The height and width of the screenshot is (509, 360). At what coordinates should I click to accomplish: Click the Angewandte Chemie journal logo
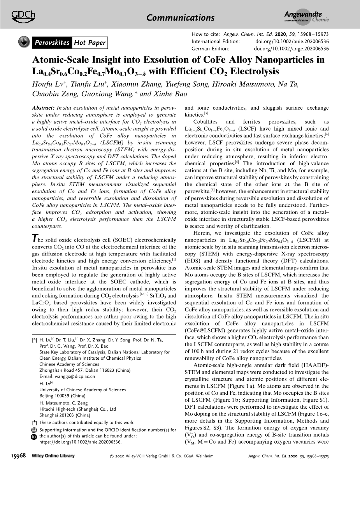tap(306, 17)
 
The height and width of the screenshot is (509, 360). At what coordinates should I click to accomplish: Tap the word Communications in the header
tap(180, 18)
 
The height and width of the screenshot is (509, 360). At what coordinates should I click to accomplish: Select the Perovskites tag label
tap(52, 43)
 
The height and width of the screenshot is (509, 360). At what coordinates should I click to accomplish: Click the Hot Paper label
tap(90, 43)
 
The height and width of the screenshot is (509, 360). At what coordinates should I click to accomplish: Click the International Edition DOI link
tap(292, 42)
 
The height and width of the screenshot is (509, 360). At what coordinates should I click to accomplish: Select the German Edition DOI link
tap(291, 49)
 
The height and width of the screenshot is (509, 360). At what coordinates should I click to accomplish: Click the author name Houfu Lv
tap(46, 84)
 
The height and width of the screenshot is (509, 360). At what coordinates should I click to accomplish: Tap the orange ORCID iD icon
tap(34, 437)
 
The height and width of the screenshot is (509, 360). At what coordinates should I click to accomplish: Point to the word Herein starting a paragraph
tap(203, 233)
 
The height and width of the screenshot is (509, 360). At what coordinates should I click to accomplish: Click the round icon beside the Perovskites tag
tap(24, 42)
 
